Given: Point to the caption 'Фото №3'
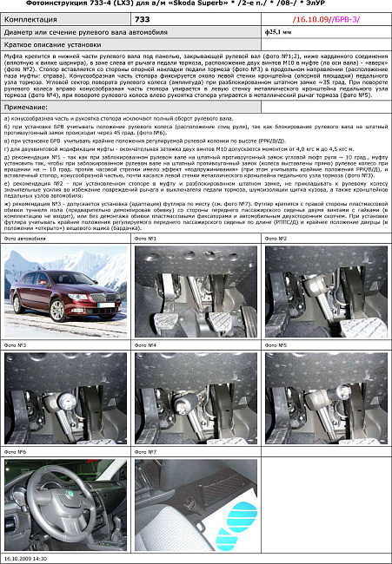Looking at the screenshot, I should click(x=16, y=345).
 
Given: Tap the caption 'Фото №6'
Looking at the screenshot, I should click(x=16, y=452).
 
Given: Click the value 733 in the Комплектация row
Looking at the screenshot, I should click(x=144, y=17).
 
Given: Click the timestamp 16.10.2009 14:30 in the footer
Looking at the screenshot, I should click(x=30, y=559).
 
